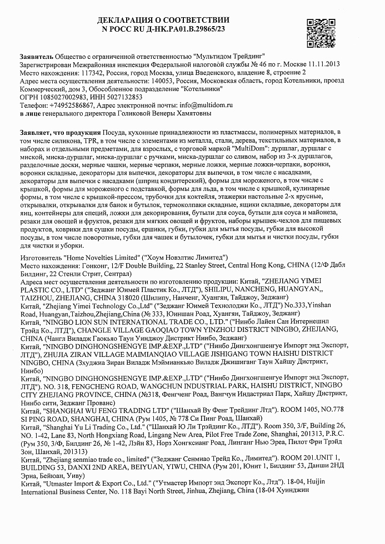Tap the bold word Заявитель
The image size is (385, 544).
click(x=36, y=56)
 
